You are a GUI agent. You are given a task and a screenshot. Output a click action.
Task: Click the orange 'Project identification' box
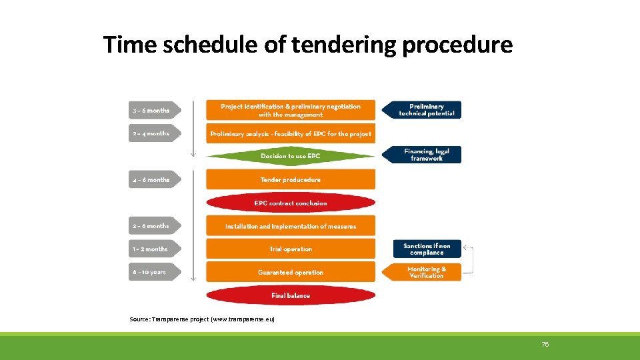291,110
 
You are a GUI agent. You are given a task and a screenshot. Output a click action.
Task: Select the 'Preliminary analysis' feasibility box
291,133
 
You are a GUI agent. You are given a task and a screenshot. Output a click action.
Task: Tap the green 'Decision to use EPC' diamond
291,156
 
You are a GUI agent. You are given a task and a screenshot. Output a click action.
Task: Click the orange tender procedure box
291,179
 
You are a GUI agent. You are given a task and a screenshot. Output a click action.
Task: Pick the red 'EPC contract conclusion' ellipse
291,203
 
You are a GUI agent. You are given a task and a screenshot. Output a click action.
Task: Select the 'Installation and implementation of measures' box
291,226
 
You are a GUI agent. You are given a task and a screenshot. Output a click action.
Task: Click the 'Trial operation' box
291,249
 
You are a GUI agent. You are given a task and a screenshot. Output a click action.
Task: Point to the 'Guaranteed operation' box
291,272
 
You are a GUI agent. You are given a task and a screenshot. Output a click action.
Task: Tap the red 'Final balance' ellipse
291,295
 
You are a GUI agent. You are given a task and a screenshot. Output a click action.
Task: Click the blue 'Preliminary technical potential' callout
425,110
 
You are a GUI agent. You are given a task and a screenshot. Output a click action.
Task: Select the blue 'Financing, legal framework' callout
425,155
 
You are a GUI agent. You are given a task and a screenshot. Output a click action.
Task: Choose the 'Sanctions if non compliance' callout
427,249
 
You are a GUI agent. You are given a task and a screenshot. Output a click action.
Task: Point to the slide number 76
545,344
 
